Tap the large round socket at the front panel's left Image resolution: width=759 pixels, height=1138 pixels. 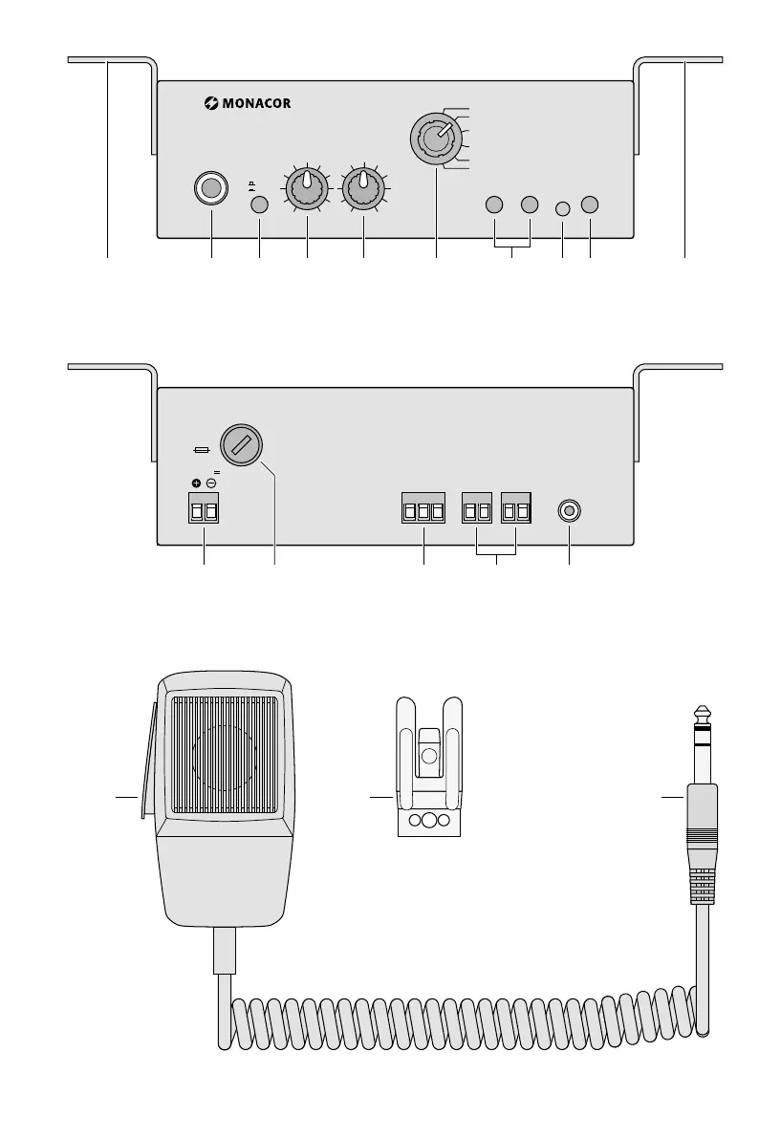tap(211, 187)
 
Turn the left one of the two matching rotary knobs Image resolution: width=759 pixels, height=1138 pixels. tap(306, 190)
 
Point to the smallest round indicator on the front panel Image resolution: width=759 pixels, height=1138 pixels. tap(562, 207)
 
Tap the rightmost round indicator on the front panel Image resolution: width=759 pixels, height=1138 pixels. tap(590, 204)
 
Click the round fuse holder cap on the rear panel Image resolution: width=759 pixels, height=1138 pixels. tap(242, 445)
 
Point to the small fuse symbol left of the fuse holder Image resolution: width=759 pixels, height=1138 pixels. tap(202, 448)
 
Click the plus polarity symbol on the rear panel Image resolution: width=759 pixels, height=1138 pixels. tap(196, 482)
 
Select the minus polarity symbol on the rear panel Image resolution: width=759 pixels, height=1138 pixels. tap(211, 482)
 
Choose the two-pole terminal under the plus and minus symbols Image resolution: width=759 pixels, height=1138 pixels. tap(204, 511)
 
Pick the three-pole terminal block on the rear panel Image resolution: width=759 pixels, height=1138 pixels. tap(423, 511)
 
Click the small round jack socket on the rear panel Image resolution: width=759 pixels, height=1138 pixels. tap(569, 511)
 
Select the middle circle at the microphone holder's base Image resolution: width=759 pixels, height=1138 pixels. tap(429, 821)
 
